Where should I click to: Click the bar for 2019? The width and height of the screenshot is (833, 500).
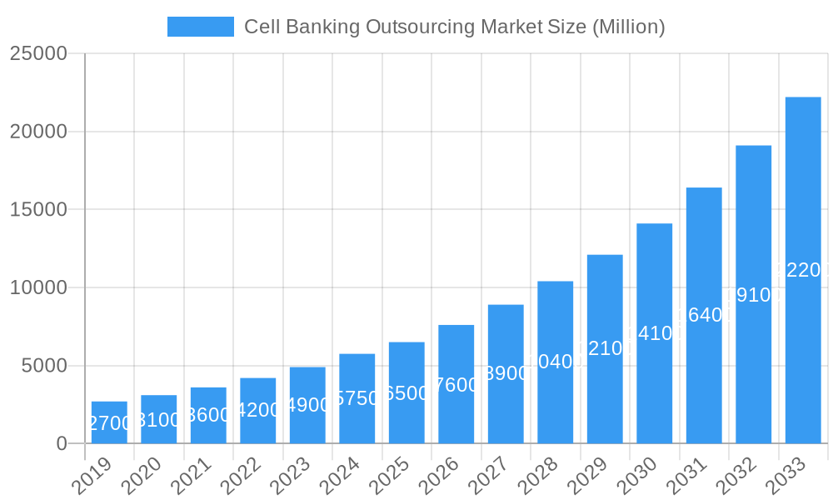point(109,422)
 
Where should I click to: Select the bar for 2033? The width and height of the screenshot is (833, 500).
point(803,270)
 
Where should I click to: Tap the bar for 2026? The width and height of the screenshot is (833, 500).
point(456,384)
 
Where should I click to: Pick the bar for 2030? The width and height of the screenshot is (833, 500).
point(654,333)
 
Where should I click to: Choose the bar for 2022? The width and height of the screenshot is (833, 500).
point(257,411)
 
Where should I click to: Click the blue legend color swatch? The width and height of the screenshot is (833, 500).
point(201,27)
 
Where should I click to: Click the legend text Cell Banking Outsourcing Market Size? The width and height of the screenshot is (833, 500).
point(454,27)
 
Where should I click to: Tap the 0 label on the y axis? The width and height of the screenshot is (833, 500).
point(62,444)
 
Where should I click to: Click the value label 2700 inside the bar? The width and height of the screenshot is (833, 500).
point(109,423)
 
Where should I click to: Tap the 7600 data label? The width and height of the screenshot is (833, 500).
point(456,385)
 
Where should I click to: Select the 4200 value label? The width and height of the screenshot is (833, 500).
point(257,410)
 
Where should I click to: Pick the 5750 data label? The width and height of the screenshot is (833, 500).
point(357,398)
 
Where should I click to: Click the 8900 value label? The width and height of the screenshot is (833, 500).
point(506,373)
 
